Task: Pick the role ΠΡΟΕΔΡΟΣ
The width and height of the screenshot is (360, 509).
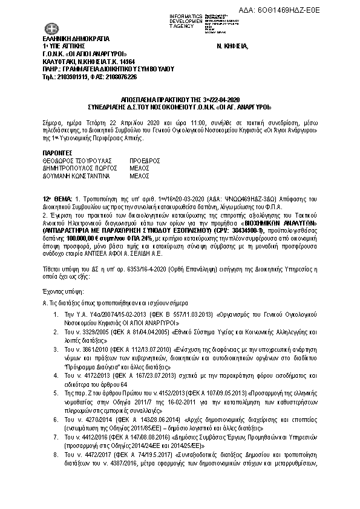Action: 145,161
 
